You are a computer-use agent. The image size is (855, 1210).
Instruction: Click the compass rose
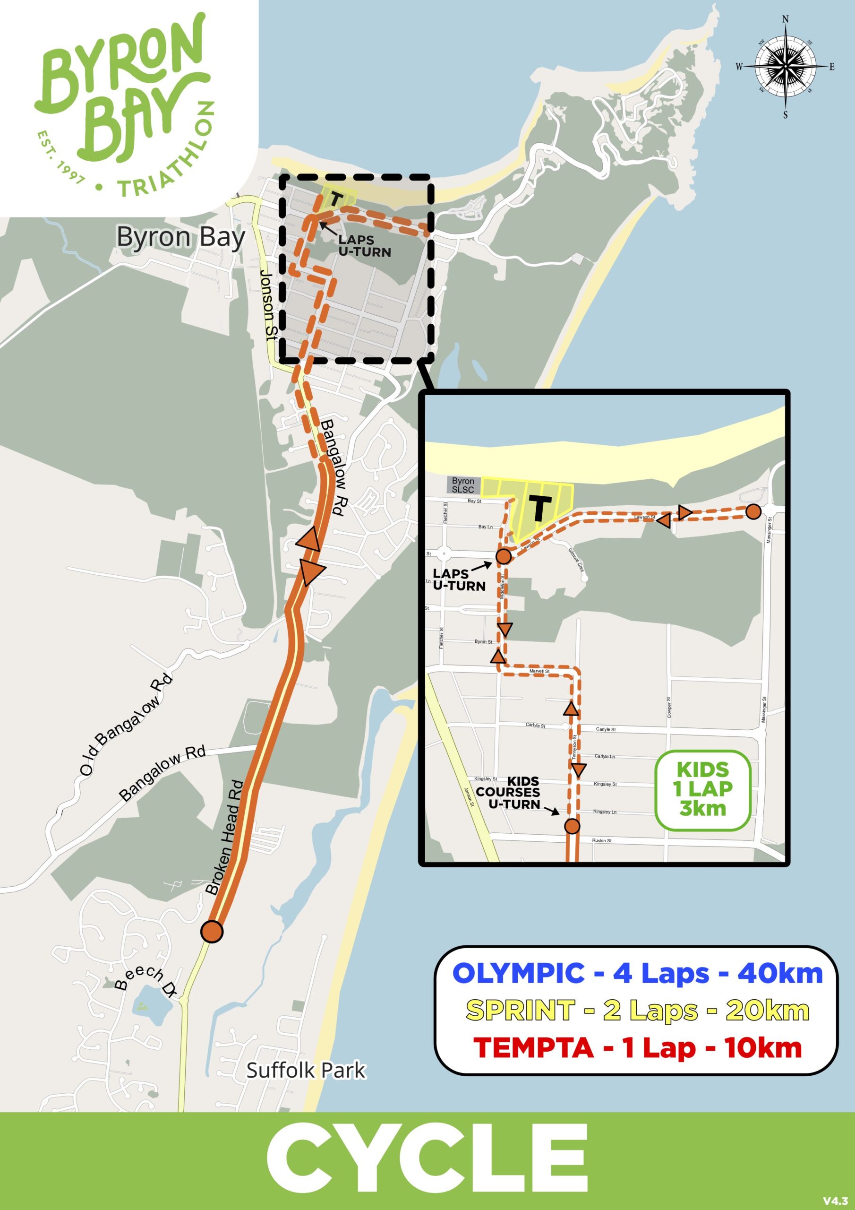785,67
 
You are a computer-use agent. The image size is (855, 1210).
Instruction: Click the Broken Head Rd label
225,838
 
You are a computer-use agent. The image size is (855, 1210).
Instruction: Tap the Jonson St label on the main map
268,306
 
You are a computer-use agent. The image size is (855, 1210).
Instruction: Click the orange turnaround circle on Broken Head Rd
212,931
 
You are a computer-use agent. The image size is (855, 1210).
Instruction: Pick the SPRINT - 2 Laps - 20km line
637,1010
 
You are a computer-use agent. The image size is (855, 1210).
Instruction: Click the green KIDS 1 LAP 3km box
703,789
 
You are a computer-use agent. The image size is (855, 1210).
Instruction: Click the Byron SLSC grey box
463,485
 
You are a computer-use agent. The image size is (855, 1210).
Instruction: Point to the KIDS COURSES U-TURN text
508,792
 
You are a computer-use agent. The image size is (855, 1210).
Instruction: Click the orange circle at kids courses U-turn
572,826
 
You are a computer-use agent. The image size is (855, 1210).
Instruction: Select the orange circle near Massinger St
753,511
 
